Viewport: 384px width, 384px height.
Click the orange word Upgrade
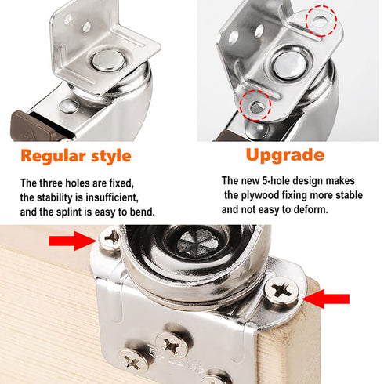pyautogui.click(x=284, y=154)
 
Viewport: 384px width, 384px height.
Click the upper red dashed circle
pyautogui.click(x=318, y=20)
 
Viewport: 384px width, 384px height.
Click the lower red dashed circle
pyautogui.click(x=254, y=103)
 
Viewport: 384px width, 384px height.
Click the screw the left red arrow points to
pyautogui.click(x=110, y=237)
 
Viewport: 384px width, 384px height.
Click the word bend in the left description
pyautogui.click(x=142, y=211)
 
